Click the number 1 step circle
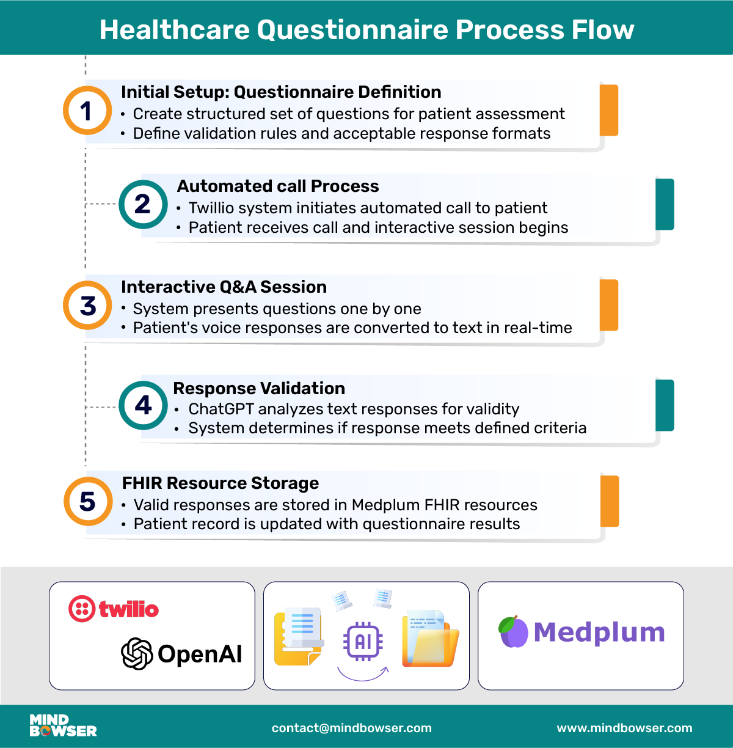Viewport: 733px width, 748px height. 87,111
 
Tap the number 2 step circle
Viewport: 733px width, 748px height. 143,204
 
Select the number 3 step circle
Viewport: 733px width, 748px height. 87,306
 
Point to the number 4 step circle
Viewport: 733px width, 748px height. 143,405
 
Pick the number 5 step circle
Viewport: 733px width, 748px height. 88,501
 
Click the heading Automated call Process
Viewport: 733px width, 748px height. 278,186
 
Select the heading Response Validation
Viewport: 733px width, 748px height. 259,388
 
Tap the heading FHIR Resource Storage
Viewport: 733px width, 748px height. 220,483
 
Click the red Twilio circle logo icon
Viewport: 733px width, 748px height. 82,609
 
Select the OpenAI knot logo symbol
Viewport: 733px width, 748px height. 137,653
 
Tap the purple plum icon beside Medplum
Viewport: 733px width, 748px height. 513,632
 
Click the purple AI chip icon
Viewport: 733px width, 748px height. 363,641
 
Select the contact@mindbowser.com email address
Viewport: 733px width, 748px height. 351,728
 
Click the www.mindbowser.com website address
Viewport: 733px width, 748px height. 624,728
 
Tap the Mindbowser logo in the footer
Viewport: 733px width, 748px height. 63,725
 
